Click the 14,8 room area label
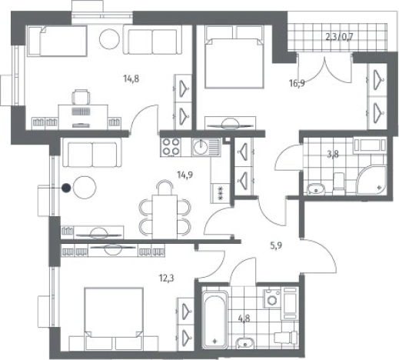coord(131,78)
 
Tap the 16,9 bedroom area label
coord(297,83)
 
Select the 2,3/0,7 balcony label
coord(339,37)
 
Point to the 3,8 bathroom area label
coord(333,154)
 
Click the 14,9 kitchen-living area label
coord(185,175)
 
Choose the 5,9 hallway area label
coord(276,246)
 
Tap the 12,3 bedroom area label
coord(167,278)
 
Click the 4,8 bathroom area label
coord(244,318)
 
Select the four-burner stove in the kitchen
coord(171,147)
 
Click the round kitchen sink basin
coord(201,147)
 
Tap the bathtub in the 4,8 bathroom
coord(214,319)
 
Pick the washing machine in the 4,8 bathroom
coord(272,298)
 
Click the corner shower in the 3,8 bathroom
coord(371,181)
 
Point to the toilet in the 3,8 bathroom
coord(339,183)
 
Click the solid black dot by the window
coord(66,188)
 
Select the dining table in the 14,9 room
coord(165,217)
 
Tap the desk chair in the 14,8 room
coord(81,97)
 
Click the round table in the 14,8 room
coord(109,38)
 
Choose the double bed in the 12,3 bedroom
coord(114,319)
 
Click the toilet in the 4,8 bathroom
coord(287,337)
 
